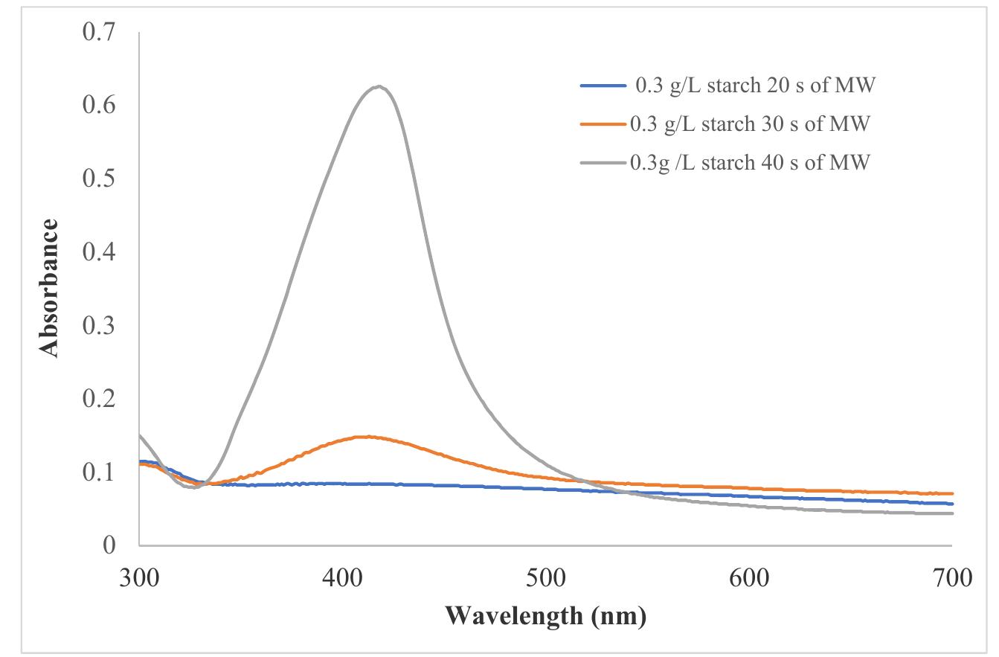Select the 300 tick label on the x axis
pyautogui.click(x=139, y=578)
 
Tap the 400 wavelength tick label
pyautogui.click(x=342, y=578)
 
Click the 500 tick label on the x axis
pyautogui.click(x=545, y=578)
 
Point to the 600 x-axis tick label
pyautogui.click(x=748, y=578)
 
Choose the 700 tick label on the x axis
pyautogui.click(x=951, y=578)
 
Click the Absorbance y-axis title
pyautogui.click(x=49, y=288)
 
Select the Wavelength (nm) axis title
pyautogui.click(x=545, y=615)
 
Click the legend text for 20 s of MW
pyautogui.click(x=754, y=86)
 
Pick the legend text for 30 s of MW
pyautogui.click(x=749, y=124)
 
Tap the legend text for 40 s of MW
pyautogui.click(x=749, y=161)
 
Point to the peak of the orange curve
pyautogui.click(x=366, y=437)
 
